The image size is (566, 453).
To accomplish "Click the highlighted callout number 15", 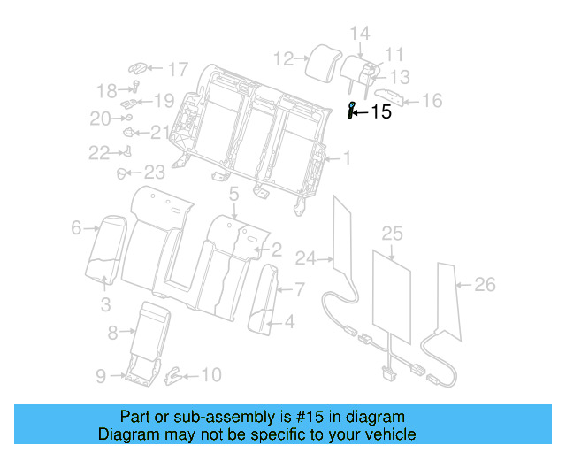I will (380, 112).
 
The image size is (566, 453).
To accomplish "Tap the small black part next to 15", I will (351, 111).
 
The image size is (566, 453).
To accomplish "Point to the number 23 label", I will (155, 172).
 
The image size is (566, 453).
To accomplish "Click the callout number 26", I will (485, 284).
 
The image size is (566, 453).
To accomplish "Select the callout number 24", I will (306, 258).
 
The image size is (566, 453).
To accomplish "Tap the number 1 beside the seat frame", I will (347, 159).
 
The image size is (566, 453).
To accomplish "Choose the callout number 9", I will (101, 376).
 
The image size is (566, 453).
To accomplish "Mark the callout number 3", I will (105, 306).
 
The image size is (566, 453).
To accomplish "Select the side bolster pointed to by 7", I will (264, 296).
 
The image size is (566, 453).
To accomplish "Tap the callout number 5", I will (234, 194).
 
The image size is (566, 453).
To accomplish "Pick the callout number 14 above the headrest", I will (359, 34).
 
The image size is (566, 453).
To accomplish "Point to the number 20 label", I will (100, 119).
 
